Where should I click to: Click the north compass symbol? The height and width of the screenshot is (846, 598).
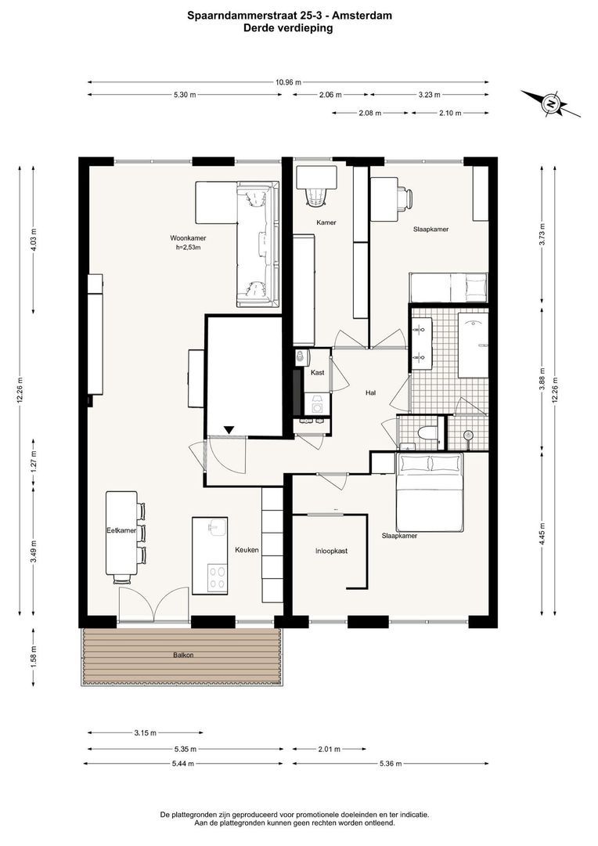coord(550,103)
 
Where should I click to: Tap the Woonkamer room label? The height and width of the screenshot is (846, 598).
coord(188,238)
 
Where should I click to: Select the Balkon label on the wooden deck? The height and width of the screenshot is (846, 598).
coord(183,655)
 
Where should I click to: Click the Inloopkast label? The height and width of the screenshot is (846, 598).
coord(332,551)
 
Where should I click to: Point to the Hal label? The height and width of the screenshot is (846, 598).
coord(370,392)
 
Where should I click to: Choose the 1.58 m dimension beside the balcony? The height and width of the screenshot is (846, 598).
coord(34,656)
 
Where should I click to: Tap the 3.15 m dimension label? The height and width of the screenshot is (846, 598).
coord(145,732)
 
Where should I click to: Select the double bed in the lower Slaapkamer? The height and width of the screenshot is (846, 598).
coord(430,492)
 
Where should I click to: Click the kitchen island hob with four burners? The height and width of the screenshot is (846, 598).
coord(218,578)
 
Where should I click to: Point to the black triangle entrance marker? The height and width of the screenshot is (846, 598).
coord(229,429)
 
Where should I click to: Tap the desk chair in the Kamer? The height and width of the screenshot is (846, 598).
coord(316,196)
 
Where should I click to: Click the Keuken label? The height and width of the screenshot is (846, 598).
coord(247,550)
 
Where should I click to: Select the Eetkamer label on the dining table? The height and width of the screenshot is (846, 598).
coord(121,530)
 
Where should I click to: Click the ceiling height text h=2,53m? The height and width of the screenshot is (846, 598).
coord(188,248)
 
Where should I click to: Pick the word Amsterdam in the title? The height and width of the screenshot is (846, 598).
coord(362,16)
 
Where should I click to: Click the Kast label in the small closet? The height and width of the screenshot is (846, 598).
coord(318,372)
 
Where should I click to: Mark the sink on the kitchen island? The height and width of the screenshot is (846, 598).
coord(218,527)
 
